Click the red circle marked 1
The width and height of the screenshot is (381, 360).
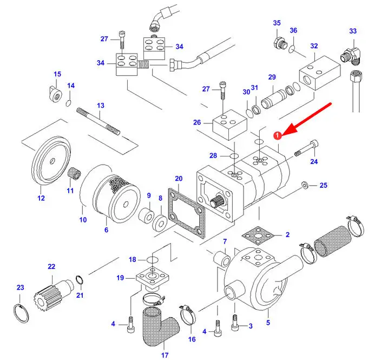point(277,135)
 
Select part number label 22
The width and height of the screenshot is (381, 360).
point(51,266)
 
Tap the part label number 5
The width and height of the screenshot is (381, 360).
point(267,323)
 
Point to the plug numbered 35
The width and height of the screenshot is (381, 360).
point(279,43)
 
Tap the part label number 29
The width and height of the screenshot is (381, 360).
point(272,77)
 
